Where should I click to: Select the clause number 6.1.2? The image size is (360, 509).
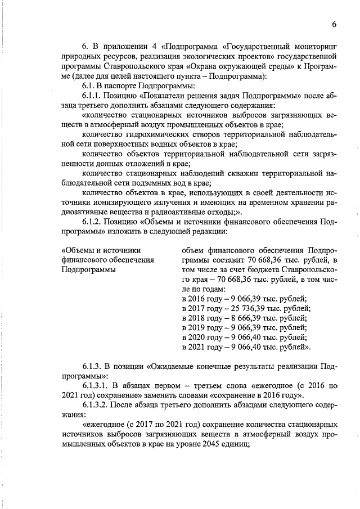pos(95,222)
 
